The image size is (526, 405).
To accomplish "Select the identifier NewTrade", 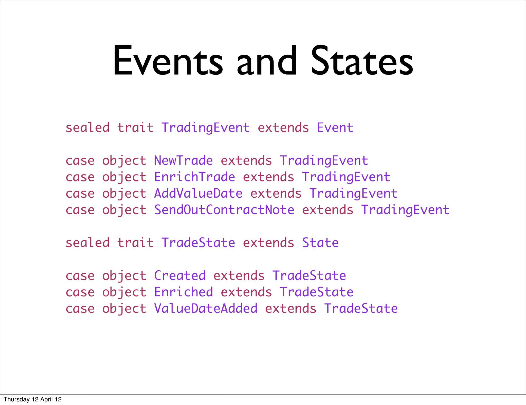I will pyautogui.click(x=183, y=161).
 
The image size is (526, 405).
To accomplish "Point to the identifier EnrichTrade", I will pyautogui.click(x=194, y=177).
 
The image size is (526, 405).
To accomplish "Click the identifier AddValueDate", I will pyautogui.click(x=198, y=194).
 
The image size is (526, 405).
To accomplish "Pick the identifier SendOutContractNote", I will pyautogui.click(x=224, y=210).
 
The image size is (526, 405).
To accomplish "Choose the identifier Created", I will pyautogui.click(x=180, y=276).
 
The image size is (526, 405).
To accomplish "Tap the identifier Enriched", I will pyautogui.click(x=183, y=292).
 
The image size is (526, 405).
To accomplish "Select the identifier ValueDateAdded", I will pyautogui.click(x=205, y=309).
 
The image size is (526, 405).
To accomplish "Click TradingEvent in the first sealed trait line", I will pyautogui.click(x=205, y=128).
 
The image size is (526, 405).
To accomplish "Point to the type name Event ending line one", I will pyautogui.click(x=335, y=128).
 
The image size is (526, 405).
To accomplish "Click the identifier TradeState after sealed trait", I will pyautogui.click(x=198, y=243).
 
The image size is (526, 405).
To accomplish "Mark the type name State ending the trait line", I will pyautogui.click(x=320, y=243).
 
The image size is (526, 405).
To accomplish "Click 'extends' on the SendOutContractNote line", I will pyautogui.click(x=327, y=210).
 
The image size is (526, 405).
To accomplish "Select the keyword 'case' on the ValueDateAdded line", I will pyautogui.click(x=80, y=309).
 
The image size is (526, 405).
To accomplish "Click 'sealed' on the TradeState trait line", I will pyautogui.click(x=88, y=243).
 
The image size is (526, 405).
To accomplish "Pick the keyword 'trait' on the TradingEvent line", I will pyautogui.click(x=135, y=128).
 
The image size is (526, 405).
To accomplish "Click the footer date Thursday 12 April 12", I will pyautogui.click(x=33, y=399).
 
